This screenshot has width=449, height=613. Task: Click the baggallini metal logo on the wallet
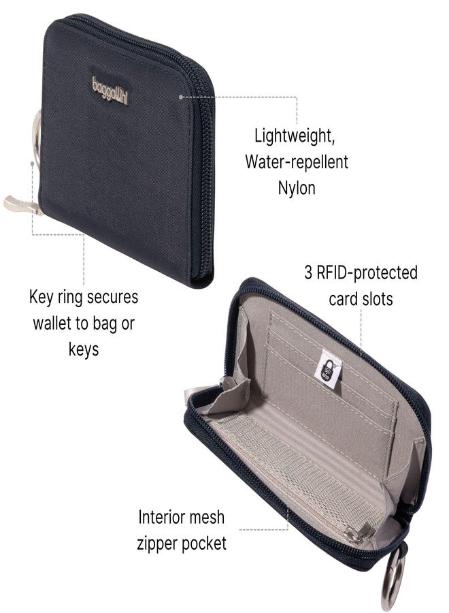pos(110,91)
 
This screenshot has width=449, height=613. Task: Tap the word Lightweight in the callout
pos(295,136)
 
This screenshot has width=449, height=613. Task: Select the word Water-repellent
pos(297,161)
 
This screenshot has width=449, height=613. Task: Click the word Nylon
pos(297,188)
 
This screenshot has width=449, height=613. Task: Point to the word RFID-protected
pos(367,272)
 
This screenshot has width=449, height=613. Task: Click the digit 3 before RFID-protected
pos(308,272)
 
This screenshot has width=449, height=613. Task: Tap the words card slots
pos(361,299)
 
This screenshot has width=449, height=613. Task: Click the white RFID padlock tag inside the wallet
pos(328,369)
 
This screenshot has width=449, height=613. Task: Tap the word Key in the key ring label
pos(41,298)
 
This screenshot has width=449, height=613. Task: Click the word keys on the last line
pos(84,349)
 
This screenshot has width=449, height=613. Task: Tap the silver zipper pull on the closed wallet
pos(22,206)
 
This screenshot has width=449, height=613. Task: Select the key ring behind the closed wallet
pos(37,137)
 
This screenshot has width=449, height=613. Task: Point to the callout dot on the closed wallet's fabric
pos(181,97)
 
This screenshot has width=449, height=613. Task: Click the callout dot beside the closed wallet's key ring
pos(32,163)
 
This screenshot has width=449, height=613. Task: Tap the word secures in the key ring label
pos(112,298)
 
